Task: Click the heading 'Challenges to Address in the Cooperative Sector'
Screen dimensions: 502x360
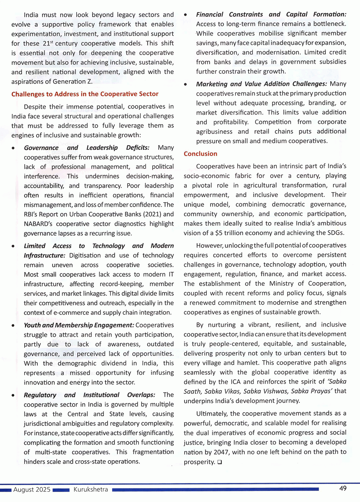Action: point(85,94)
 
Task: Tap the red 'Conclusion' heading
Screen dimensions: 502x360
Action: point(201,154)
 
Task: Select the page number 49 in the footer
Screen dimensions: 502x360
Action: point(343,488)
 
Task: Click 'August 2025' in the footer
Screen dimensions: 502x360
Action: point(32,490)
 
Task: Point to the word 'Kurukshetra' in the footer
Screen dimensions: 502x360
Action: point(91,490)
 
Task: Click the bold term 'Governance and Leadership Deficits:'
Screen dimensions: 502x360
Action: point(87,148)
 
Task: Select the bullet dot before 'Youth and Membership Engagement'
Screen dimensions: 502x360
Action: point(13,325)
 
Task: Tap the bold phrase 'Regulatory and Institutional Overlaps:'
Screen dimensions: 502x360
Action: point(89,395)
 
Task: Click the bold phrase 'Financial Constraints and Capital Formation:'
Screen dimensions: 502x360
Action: point(271,15)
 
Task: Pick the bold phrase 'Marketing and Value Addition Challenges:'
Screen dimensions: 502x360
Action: point(261,84)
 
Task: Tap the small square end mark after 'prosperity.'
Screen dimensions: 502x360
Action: point(220,462)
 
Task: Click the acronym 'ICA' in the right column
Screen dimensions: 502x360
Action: point(236,382)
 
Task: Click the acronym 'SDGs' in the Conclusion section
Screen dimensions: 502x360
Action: point(334,233)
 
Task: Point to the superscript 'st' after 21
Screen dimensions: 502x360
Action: point(52,42)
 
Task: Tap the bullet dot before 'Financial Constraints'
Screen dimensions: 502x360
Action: point(185,15)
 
